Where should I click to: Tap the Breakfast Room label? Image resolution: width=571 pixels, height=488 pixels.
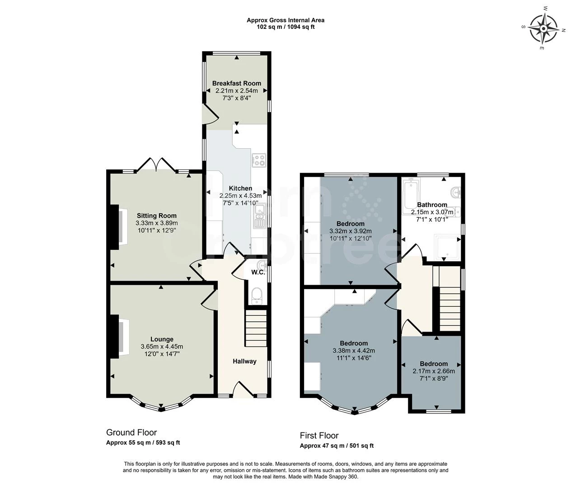[x=236, y=83]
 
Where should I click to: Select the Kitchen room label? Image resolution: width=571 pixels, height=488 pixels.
[x=240, y=188]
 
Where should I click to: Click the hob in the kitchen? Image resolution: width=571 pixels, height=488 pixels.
[x=259, y=160]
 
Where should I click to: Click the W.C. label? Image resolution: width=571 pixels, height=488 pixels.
[x=258, y=272]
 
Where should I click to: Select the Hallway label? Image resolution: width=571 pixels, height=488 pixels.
[x=244, y=361]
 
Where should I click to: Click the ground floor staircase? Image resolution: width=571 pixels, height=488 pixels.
[x=256, y=328]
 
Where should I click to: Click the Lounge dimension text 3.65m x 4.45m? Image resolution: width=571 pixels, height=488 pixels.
[x=162, y=347]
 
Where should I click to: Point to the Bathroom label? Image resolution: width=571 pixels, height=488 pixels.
[x=432, y=205]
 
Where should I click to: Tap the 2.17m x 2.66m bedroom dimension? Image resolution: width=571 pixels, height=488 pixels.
[x=434, y=371]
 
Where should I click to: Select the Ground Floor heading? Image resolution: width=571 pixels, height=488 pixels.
[x=131, y=432]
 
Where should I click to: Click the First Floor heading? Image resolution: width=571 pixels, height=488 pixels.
[x=319, y=436]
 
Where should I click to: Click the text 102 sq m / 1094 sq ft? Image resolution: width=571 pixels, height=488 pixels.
[x=285, y=27]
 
